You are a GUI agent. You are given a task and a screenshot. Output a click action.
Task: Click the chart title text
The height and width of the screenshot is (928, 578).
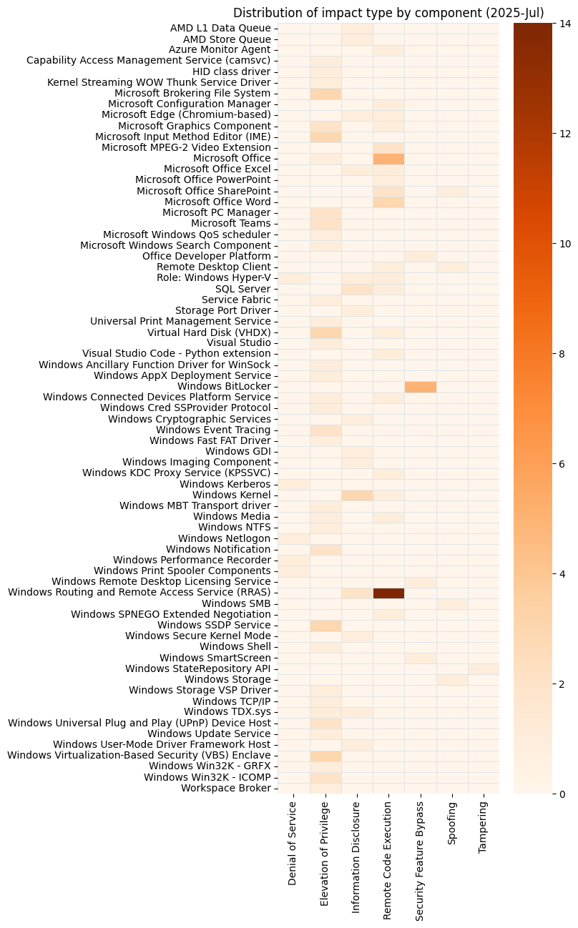click(x=388, y=13)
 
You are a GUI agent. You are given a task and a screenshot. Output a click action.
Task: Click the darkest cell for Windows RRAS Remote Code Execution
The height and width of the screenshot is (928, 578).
click(x=388, y=593)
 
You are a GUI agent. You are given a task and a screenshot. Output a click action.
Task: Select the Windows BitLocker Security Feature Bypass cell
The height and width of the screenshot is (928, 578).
click(x=420, y=387)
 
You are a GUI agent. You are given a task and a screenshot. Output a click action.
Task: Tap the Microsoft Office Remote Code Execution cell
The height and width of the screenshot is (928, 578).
click(x=388, y=158)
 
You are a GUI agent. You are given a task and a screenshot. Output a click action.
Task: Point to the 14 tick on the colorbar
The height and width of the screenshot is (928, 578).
click(x=560, y=24)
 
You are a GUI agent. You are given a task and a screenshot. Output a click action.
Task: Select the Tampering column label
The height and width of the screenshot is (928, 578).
click(x=483, y=826)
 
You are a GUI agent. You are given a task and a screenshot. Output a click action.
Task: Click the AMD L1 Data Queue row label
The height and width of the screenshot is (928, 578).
click(x=220, y=28)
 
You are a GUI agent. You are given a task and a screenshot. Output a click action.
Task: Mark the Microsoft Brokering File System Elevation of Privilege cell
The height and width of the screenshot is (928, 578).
click(x=325, y=93)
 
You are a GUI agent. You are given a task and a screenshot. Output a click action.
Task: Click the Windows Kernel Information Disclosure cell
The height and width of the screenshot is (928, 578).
click(x=357, y=495)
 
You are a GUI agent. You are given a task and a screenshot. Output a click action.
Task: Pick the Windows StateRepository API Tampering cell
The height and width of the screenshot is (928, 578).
click(x=483, y=668)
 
